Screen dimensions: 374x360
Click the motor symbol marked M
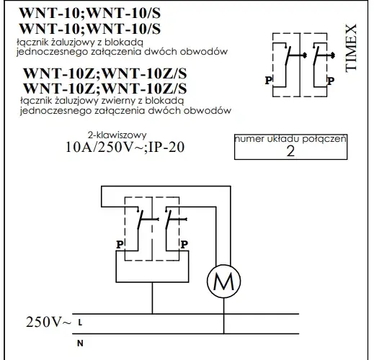point(223,281)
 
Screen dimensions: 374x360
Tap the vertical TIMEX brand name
point(351,48)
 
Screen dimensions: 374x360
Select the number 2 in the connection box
point(290,151)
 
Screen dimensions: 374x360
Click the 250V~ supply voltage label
point(48,322)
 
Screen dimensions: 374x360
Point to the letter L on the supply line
point(80,323)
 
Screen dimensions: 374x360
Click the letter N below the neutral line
point(80,343)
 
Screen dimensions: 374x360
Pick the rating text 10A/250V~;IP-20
point(125,147)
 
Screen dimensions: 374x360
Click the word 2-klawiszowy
point(117,135)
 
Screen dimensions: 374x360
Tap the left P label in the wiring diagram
point(120,245)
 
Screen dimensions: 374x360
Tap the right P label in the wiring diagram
point(184,245)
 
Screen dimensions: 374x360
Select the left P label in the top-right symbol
point(268,81)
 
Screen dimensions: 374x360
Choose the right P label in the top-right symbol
point(331,81)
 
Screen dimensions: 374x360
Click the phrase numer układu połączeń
point(290,139)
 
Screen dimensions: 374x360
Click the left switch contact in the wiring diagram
point(140,220)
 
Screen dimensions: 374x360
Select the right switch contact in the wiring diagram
point(169,220)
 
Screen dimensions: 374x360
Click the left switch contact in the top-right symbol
point(288,55)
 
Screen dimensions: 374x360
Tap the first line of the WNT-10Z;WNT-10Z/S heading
point(105,73)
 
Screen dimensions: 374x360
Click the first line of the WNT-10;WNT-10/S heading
point(90,13)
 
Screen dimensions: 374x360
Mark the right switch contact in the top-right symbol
point(316,55)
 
